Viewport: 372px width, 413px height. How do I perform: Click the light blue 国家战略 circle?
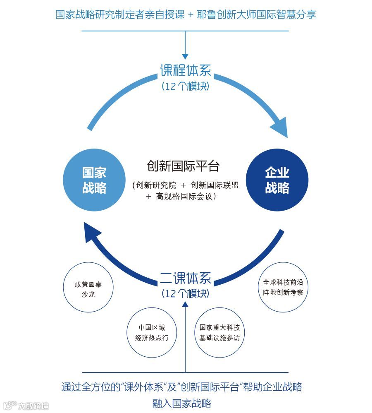tap(94, 180)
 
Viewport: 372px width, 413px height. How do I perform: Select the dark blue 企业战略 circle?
tap(277, 180)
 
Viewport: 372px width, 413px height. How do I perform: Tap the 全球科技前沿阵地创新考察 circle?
tap(283, 287)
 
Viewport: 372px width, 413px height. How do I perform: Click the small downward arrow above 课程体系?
tap(185, 55)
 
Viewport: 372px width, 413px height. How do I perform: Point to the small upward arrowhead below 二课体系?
tap(185, 305)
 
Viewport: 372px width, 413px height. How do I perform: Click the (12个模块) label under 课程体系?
tap(185, 86)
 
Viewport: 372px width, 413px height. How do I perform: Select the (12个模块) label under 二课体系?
tap(185, 294)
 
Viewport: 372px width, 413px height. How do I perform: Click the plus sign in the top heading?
tap(190, 14)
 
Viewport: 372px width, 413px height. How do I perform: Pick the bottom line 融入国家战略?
tap(182, 403)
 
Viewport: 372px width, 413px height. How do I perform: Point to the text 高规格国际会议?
tap(186, 197)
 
